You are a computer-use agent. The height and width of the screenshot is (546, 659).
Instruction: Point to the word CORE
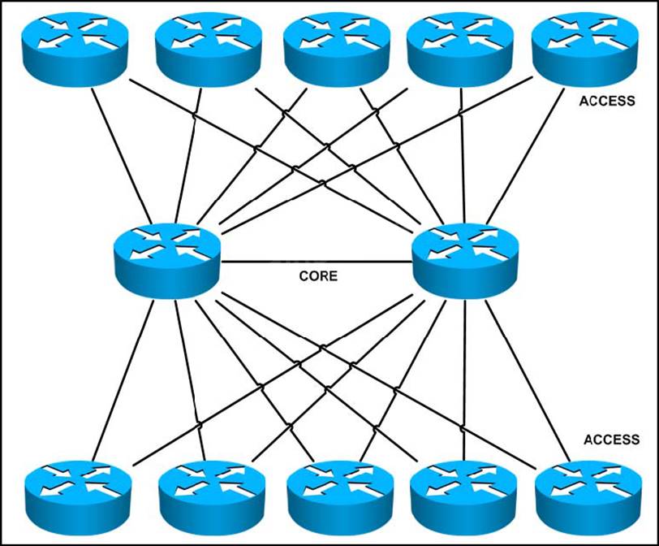click(318, 276)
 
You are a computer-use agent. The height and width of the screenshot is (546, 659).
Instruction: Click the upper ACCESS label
click(608, 102)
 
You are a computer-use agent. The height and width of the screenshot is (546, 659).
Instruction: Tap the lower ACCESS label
click(611, 440)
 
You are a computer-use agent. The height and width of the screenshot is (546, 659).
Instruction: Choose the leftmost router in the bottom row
click(78, 492)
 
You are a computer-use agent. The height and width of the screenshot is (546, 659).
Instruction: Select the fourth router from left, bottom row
click(462, 492)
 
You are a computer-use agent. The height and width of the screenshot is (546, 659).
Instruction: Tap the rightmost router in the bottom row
click(587, 492)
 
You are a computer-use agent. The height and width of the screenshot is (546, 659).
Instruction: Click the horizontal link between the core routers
click(317, 262)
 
